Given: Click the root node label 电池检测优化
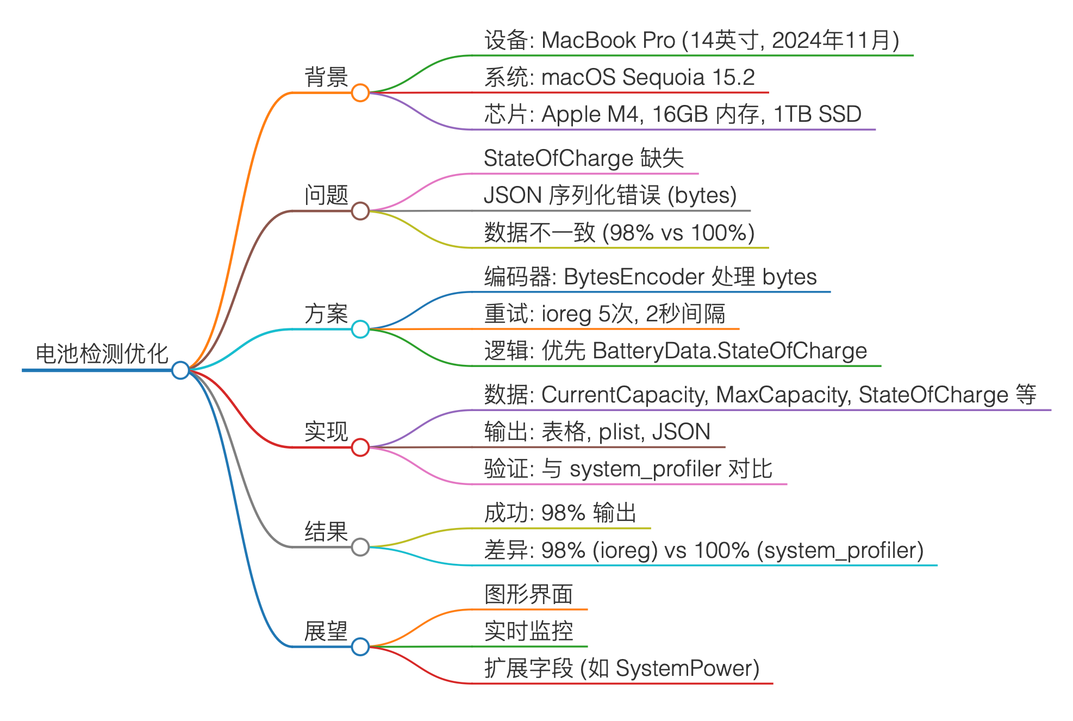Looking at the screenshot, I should click(102, 354).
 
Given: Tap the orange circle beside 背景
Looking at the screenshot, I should click(360, 92).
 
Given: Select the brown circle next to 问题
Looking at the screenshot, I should click(360, 211).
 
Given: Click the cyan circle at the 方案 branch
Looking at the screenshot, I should click(360, 329).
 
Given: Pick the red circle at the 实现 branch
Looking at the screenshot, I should click(360, 447).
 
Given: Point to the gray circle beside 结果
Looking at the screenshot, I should click(360, 546).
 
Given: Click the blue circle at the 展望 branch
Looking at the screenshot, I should click(360, 647).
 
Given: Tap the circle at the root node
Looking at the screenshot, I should click(180, 370).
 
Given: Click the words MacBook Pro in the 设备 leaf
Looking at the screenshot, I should click(608, 41).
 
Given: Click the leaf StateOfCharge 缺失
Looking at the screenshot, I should click(583, 159).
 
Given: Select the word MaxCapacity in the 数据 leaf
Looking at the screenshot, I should click(783, 395).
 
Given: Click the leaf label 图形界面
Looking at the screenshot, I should click(528, 594).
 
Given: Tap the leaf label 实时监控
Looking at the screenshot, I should click(528, 631).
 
